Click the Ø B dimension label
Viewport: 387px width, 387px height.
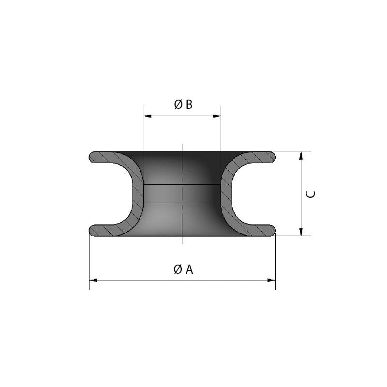[183, 104]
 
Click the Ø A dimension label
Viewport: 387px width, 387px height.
[183, 269]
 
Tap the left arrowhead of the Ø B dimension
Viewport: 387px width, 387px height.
[147, 116]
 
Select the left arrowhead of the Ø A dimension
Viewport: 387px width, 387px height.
[92, 280]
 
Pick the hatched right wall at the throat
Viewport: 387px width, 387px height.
[225, 193]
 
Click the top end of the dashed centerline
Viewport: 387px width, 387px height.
[182, 145]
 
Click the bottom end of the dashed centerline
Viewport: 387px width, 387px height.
[182, 243]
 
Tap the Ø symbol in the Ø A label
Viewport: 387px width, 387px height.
[178, 269]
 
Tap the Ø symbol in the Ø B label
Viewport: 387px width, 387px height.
[178, 104]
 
